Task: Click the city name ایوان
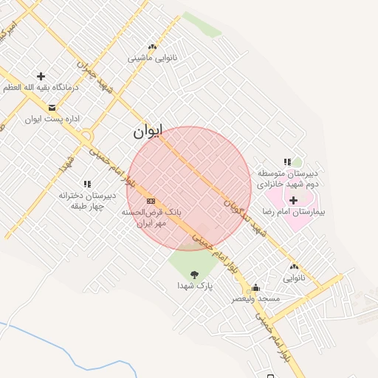[147, 132]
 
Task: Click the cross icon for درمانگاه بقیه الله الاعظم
[41, 76]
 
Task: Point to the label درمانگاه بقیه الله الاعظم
[40, 87]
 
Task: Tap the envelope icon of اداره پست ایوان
[52, 108]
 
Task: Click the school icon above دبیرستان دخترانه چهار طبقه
[87, 184]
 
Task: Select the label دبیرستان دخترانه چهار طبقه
[89, 201]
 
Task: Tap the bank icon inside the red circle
[151, 201]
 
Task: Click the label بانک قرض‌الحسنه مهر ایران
[151, 217]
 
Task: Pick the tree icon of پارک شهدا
[194, 275]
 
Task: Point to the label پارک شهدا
[194, 285]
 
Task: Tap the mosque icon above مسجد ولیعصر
[256, 288]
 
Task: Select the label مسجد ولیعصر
[256, 298]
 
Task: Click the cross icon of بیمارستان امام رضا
[293, 200]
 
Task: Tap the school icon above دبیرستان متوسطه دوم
[287, 162]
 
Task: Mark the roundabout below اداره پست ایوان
[87, 135]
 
